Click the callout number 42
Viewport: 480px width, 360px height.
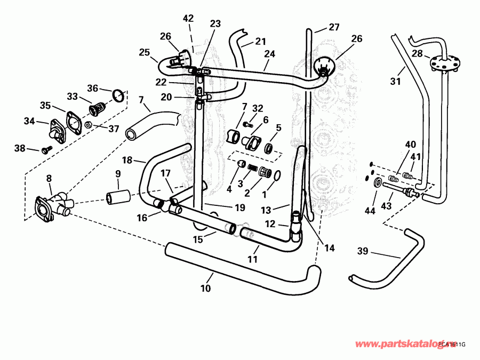[188, 18]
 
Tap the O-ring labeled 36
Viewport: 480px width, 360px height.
[119, 97]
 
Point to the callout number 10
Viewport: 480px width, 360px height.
[205, 289]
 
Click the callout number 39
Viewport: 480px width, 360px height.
[363, 251]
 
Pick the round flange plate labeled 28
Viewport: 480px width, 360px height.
[444, 63]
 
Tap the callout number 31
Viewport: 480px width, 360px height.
[395, 82]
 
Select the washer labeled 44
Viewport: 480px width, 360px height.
[378, 184]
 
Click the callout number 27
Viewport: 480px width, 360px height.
[334, 27]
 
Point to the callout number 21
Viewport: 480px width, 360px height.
[260, 41]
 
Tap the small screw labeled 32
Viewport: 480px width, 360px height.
[247, 124]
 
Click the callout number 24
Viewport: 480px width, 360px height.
[269, 54]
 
